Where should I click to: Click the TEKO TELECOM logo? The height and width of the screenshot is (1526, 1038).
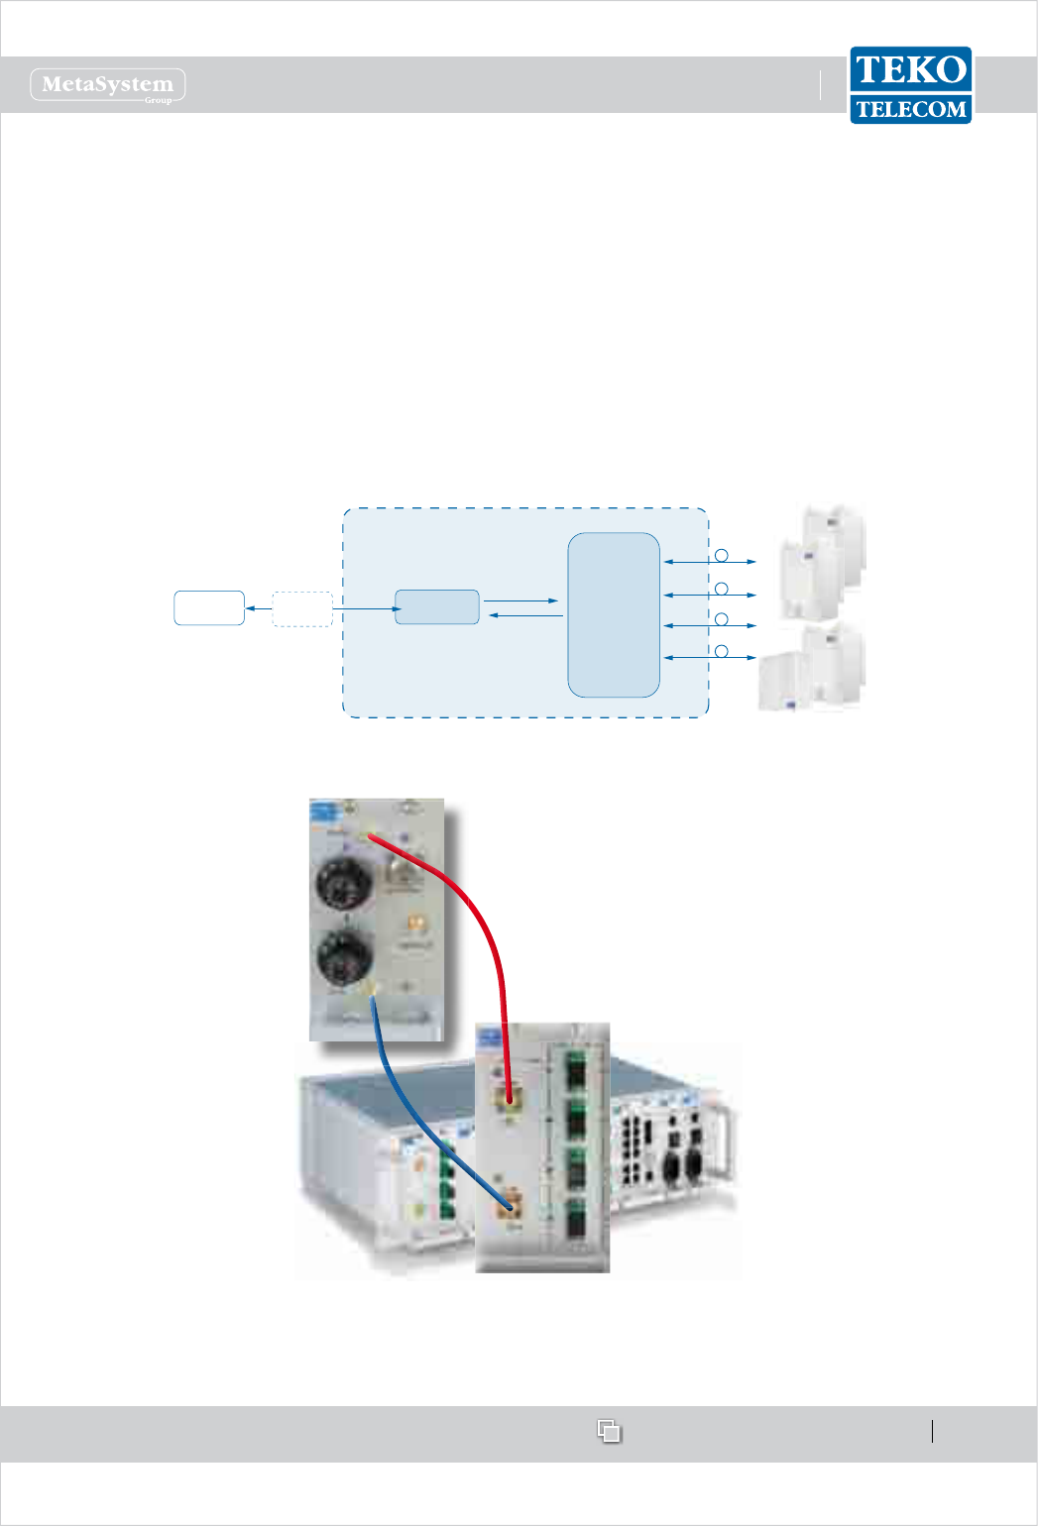tap(910, 85)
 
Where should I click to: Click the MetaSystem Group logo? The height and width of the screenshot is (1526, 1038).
tap(108, 85)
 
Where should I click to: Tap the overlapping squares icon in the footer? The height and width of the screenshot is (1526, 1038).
tap(609, 1431)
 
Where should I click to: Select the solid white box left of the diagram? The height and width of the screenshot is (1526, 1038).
tap(209, 607)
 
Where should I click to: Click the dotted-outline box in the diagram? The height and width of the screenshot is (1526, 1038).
tap(302, 608)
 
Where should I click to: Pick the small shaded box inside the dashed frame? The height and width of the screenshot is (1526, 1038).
tap(437, 606)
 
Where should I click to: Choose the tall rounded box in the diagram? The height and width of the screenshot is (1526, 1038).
tap(614, 614)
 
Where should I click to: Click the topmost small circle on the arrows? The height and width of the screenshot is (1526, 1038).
tap(722, 556)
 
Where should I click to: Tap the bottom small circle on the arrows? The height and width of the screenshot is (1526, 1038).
tap(722, 651)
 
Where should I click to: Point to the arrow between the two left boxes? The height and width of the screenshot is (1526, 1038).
tap(258, 608)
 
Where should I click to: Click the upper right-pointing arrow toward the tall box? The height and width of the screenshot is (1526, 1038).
tap(521, 600)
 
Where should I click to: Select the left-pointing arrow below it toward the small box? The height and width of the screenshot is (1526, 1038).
tap(526, 616)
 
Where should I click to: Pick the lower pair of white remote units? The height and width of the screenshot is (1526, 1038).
tap(812, 669)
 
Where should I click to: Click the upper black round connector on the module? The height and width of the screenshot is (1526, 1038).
tap(344, 882)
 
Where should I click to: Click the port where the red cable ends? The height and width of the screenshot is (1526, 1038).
tap(510, 1098)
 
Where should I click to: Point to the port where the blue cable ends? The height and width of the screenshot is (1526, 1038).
tap(511, 1207)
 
